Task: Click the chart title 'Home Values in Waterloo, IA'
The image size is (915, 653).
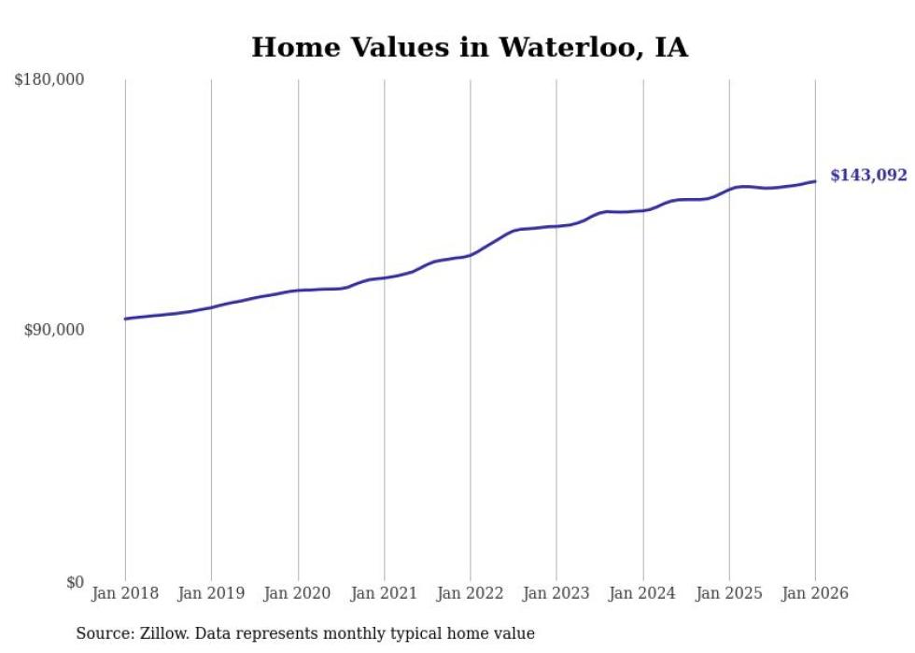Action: coord(470,48)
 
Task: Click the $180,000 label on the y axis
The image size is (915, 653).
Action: coord(49,80)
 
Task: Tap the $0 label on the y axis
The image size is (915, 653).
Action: coord(75,582)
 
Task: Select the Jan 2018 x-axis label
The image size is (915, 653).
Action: coord(125,593)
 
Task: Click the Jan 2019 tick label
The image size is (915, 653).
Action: coord(211,593)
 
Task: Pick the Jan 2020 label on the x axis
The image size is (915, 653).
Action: coord(298,593)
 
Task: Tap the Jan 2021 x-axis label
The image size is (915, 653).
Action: coord(384,593)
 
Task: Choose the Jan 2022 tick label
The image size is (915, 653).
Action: coord(471,593)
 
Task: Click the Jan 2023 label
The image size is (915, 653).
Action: coord(556,593)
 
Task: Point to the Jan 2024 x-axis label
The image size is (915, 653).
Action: coord(643,593)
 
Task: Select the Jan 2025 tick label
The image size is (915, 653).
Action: coord(729,593)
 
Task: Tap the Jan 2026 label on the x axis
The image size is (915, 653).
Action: coord(815,593)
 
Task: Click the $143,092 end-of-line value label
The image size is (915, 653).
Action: coord(868,176)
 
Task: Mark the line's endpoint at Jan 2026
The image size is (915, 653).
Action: coord(815,181)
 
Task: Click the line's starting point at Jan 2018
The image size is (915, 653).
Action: coord(125,319)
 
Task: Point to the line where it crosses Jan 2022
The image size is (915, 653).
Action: coord(471,254)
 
